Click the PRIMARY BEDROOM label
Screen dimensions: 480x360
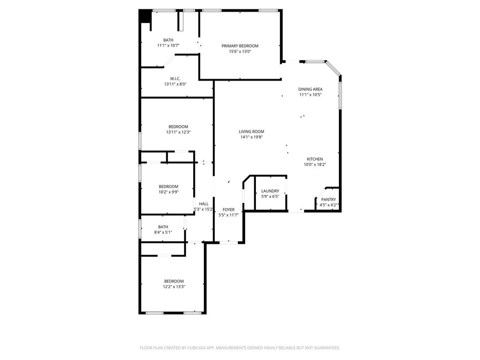(240, 46)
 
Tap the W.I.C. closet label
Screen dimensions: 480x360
(175, 79)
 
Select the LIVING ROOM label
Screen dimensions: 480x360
(251, 132)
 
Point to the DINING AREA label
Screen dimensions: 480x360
(310, 90)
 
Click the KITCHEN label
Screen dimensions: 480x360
(315, 159)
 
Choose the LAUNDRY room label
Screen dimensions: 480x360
(270, 191)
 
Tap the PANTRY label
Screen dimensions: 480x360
(329, 200)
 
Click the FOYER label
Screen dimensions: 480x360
(228, 210)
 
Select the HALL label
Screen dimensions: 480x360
(203, 204)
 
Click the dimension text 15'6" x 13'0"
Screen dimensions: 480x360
(240, 52)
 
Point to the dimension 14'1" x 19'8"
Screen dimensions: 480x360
(251, 137)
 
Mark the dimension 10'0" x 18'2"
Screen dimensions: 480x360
(315, 165)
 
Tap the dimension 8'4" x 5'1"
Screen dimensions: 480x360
(163, 232)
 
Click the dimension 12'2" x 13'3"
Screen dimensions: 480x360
(174, 287)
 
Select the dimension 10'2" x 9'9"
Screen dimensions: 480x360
(168, 192)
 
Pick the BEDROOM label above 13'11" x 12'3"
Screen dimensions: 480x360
(178, 127)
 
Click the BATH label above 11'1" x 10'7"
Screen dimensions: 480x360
(168, 40)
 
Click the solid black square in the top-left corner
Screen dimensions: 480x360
(144, 15)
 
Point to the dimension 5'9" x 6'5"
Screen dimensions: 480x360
(270, 196)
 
